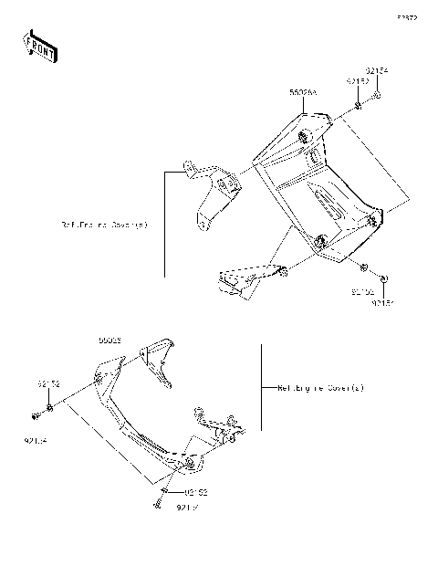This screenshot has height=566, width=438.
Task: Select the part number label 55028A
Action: click(302, 93)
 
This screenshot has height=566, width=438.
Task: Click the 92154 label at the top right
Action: click(377, 70)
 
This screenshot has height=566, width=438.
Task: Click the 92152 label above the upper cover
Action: click(355, 81)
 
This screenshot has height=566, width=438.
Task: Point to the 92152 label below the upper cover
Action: click(362, 292)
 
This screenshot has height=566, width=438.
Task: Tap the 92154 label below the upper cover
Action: click(382, 303)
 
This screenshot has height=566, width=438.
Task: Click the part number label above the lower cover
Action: click(110, 340)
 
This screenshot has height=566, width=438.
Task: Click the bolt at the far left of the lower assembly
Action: click(35, 416)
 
